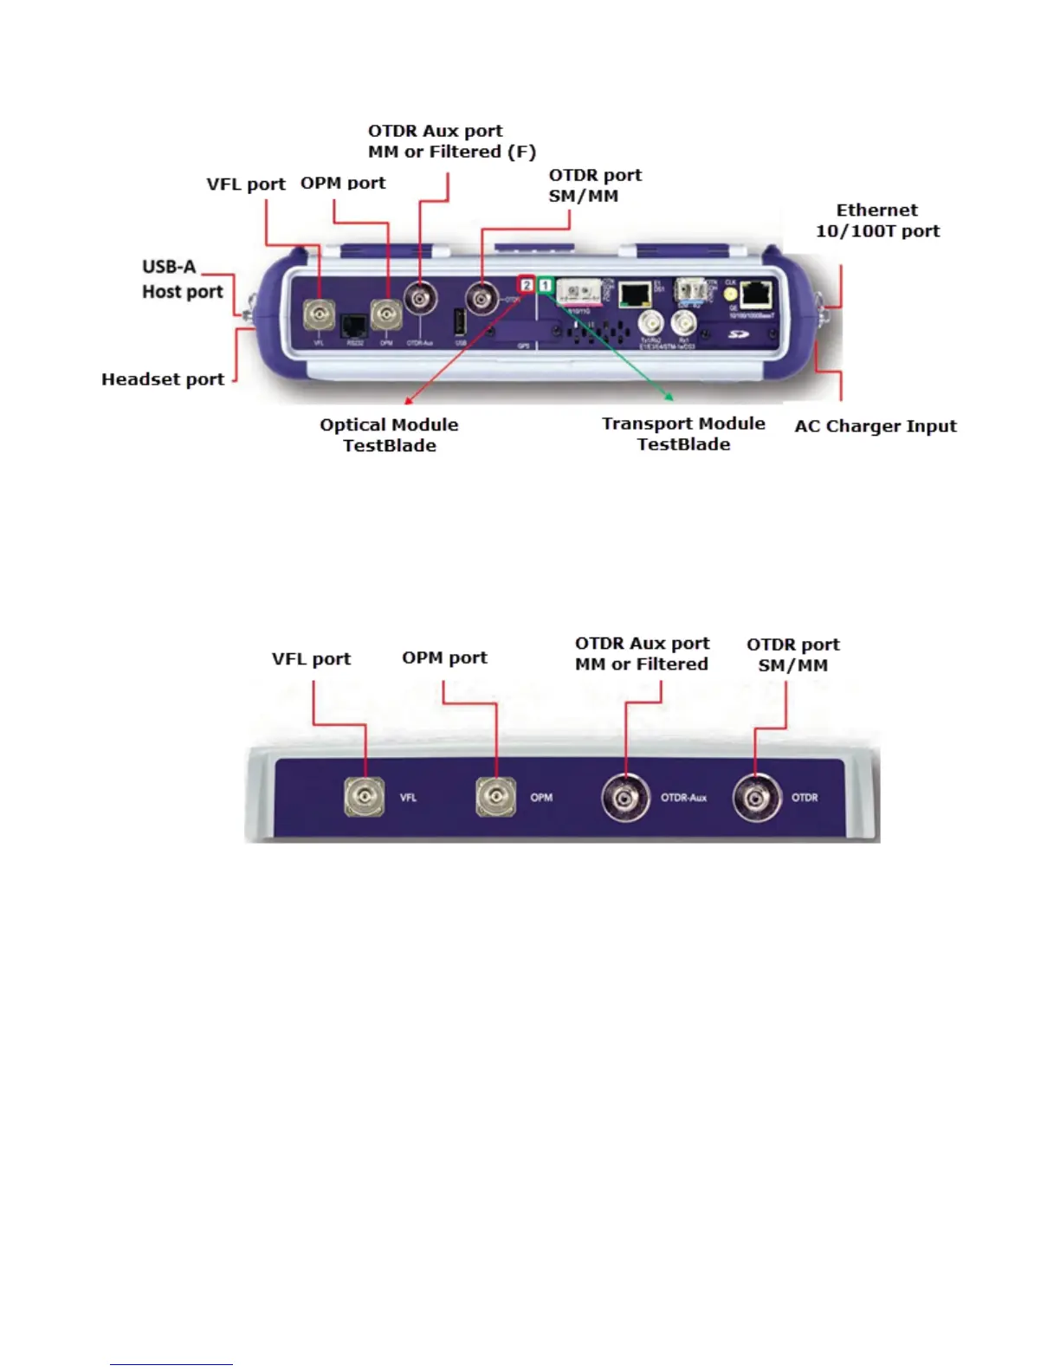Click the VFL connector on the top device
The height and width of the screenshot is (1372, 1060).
tap(319, 314)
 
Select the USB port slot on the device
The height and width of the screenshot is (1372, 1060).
tap(461, 322)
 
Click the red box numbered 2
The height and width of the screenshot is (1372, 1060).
tap(527, 284)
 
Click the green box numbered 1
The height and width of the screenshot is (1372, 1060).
tap(546, 284)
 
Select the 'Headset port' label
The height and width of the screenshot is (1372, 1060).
tap(163, 379)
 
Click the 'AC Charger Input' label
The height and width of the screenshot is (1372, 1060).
tap(876, 426)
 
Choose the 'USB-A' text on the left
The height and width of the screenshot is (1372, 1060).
tap(169, 267)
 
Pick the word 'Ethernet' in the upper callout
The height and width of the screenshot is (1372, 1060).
tap(876, 210)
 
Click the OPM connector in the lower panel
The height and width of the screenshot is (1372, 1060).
tap(495, 797)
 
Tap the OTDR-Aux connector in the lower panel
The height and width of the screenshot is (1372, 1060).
tap(625, 798)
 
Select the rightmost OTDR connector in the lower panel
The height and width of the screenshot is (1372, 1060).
tap(756, 798)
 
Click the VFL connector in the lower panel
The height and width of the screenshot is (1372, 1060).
tap(365, 797)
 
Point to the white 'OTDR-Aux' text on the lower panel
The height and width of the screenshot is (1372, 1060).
tap(683, 798)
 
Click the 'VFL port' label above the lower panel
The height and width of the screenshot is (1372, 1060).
tap(311, 659)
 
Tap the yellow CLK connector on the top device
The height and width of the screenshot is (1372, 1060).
tap(730, 295)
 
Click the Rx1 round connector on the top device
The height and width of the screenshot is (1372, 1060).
tap(683, 324)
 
